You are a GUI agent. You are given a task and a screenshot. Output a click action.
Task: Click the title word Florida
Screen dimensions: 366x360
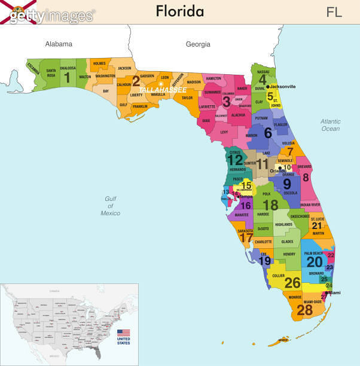(180, 11)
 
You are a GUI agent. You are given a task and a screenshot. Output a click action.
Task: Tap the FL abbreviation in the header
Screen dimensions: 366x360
(334, 12)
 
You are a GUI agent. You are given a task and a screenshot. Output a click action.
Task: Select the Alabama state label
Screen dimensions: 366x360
(59, 44)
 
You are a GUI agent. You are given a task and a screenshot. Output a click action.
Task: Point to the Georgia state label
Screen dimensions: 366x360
(198, 44)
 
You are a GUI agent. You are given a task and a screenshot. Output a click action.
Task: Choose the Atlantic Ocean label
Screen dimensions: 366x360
(330, 124)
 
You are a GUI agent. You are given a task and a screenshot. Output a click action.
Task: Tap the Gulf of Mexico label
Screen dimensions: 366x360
(110, 206)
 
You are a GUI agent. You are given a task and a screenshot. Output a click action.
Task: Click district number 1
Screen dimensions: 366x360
(67, 77)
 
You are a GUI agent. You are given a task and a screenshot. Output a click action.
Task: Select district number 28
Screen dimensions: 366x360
(305, 310)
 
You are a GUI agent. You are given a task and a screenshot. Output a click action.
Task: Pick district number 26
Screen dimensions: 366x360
(292, 283)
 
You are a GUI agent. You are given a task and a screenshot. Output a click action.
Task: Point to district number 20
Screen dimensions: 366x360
(315, 261)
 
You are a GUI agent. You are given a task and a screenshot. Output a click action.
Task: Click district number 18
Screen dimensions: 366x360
(270, 205)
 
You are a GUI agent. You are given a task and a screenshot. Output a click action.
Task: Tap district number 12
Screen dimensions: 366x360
(235, 160)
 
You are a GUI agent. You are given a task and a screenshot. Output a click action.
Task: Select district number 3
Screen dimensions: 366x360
(226, 102)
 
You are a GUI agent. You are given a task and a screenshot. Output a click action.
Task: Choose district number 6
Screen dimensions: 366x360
(267, 133)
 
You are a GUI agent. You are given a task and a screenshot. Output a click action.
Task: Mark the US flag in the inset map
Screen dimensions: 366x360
(123, 333)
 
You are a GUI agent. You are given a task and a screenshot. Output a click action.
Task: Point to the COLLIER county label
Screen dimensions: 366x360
(278, 276)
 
